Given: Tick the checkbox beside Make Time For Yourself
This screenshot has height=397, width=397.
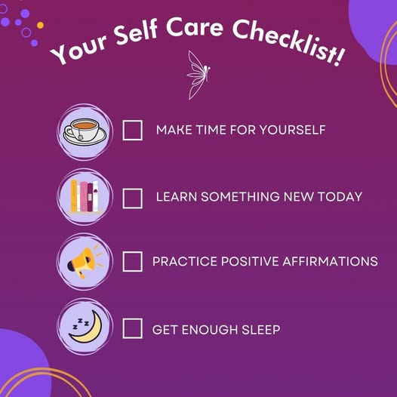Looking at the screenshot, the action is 132,130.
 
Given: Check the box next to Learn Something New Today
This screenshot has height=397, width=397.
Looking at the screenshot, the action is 132,198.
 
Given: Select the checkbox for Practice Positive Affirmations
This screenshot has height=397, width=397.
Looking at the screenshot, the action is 132,262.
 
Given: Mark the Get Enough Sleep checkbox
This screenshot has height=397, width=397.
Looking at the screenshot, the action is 132,328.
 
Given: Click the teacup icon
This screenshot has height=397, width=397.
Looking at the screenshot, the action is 85,131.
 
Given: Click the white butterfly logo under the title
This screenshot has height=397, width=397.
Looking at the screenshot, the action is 198,75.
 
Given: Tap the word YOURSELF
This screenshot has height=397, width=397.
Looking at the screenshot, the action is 292,130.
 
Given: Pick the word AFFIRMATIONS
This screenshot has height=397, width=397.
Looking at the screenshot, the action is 330,261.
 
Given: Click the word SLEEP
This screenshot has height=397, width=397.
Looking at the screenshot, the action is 261,330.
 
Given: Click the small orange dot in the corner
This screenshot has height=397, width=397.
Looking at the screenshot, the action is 40,25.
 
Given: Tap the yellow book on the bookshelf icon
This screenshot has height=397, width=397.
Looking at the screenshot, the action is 74,195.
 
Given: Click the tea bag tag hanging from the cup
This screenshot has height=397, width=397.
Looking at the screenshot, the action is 81,137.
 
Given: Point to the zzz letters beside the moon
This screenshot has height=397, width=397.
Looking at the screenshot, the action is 81,324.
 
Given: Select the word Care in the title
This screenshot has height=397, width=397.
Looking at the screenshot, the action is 195,27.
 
